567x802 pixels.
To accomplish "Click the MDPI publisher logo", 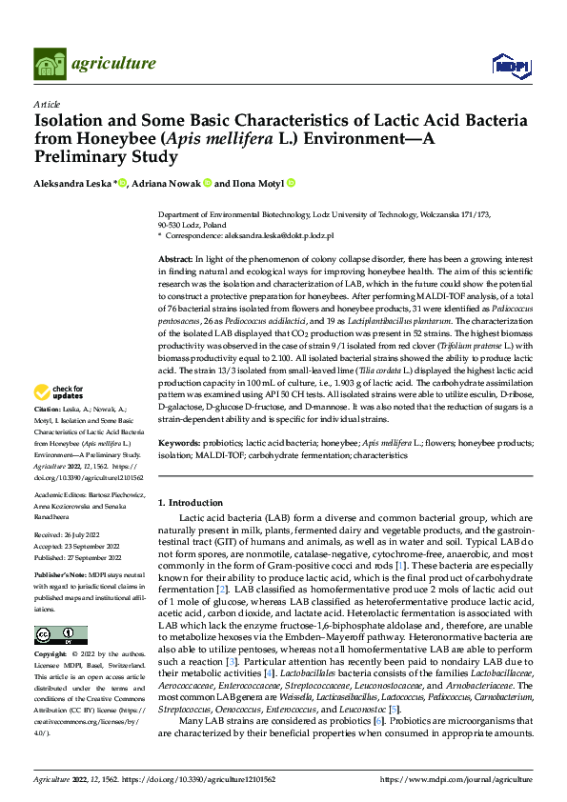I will [x=510, y=65].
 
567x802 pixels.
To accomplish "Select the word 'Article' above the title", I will [x=47, y=104].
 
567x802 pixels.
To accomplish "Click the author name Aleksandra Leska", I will [x=72, y=183].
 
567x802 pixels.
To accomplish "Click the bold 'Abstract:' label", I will [x=175, y=260].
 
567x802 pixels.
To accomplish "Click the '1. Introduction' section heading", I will [x=190, y=502].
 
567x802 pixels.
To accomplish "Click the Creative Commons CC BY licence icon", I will [x=60, y=634].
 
